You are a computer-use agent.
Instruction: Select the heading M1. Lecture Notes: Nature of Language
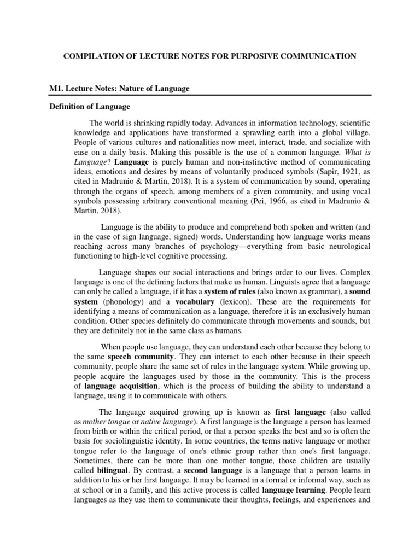pos(120,89)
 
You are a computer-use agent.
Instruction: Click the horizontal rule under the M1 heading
pos(209,96)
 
